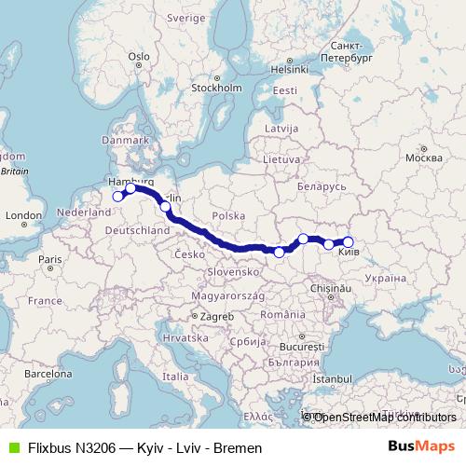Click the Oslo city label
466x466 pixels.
(140, 56)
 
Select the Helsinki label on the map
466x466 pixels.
(289, 68)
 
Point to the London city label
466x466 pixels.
(21, 215)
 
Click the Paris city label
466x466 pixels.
(50, 258)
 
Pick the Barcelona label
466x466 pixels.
(48, 373)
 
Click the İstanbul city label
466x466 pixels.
(332, 380)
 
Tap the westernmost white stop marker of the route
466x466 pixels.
(118, 197)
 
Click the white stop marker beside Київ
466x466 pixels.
(348, 242)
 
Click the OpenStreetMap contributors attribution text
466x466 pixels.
(384, 418)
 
